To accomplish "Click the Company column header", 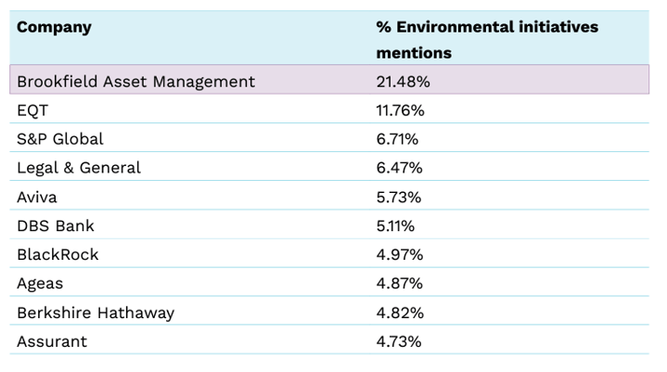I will [x=54, y=27].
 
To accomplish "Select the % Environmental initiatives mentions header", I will [x=486, y=39].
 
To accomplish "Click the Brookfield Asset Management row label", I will [x=135, y=82].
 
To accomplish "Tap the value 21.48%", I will [x=403, y=82].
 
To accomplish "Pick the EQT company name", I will [x=32, y=110].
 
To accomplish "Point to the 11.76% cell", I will [x=400, y=110].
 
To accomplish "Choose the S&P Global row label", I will [x=60, y=139].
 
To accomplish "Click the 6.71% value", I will [x=397, y=139].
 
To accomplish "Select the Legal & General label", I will [x=79, y=168].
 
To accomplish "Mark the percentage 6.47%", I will [x=399, y=168].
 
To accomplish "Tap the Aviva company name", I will [x=37, y=197].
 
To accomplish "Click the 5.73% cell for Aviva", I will [x=399, y=197].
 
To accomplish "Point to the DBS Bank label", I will [x=56, y=225].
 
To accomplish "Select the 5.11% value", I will [x=395, y=225].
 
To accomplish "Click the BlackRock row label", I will [x=58, y=254].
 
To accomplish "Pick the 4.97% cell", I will [x=399, y=254].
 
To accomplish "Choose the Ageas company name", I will [x=40, y=283].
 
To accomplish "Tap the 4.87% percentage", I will [x=399, y=283].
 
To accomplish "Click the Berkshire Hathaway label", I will [x=96, y=312].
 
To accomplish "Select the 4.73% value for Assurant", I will [x=399, y=340].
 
